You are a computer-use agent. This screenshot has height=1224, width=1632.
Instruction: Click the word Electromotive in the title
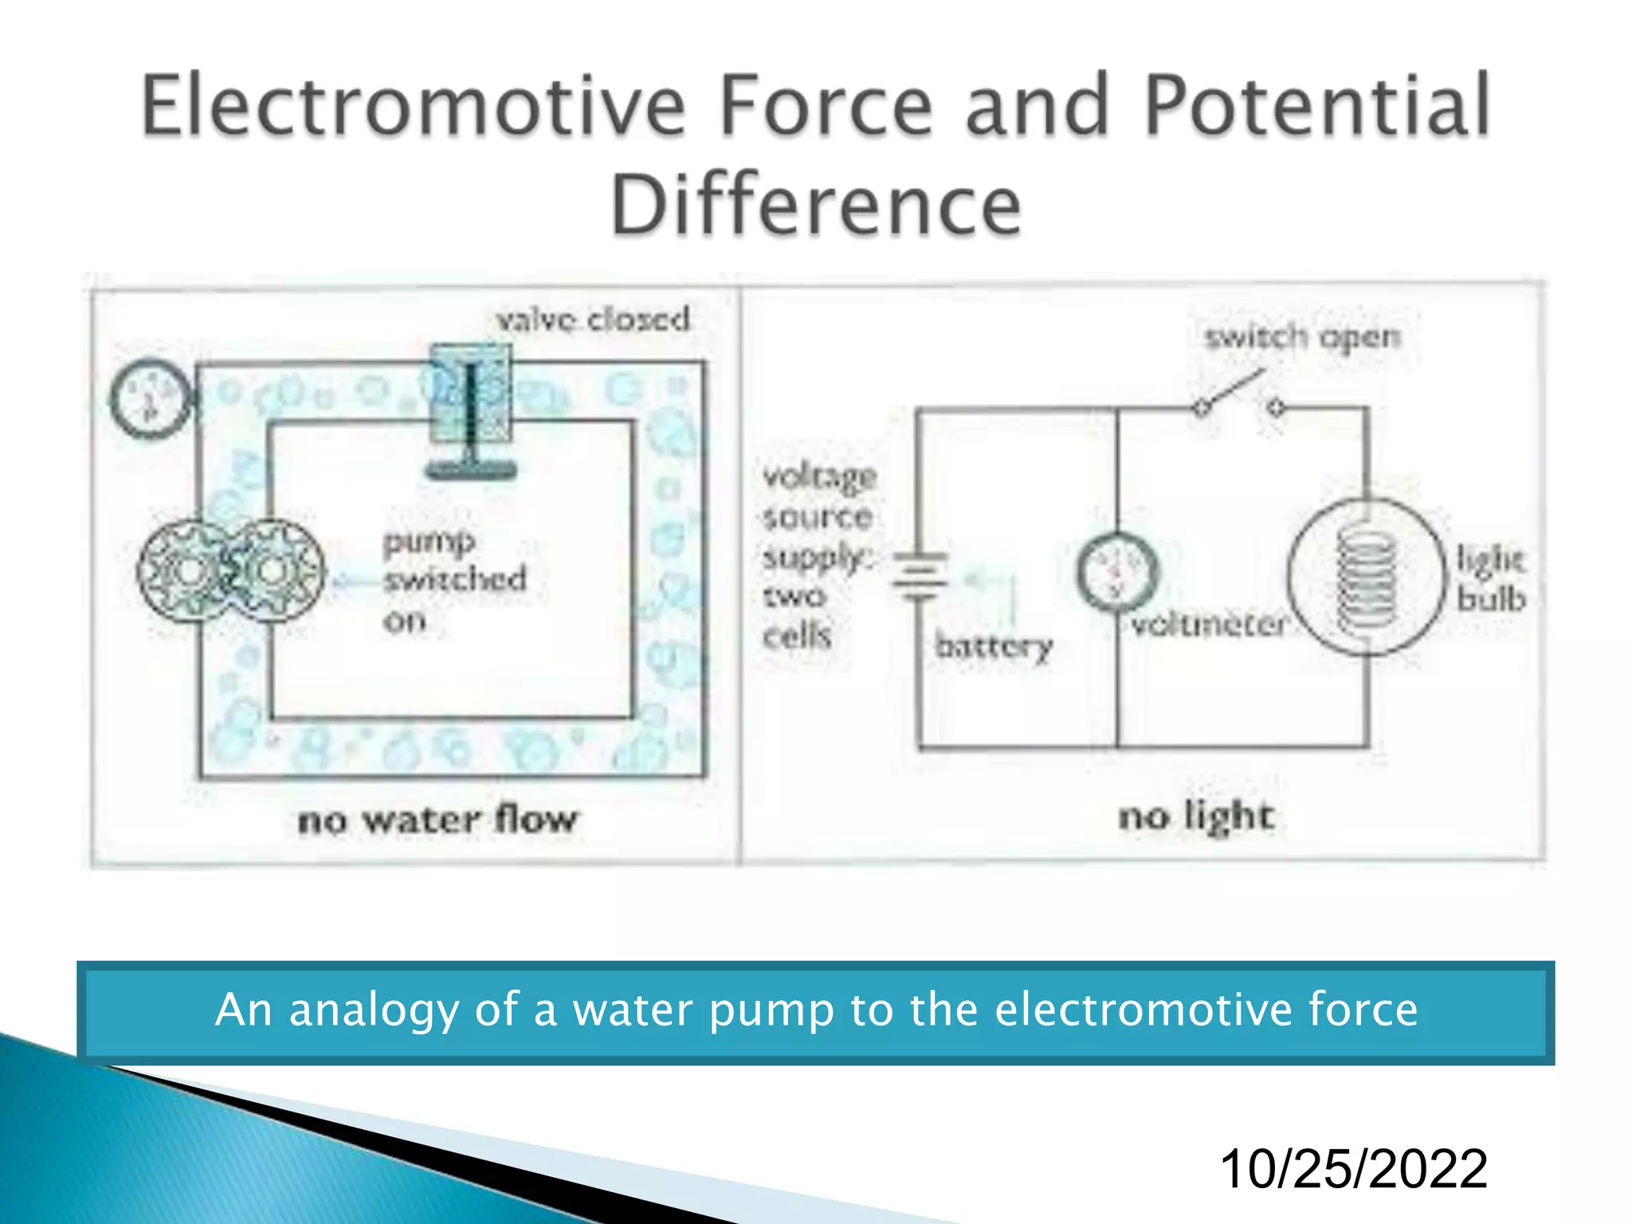tap(413, 105)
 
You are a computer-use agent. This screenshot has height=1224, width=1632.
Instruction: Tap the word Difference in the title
tap(815, 206)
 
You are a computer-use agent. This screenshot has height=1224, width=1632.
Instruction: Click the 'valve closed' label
tap(593, 320)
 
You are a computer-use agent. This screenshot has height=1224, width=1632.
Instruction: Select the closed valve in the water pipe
tap(470, 406)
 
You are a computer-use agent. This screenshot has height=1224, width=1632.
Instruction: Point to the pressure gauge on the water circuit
tap(149, 398)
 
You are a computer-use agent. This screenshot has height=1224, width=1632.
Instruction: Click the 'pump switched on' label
tap(454, 579)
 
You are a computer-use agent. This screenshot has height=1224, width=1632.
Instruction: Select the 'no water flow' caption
tap(437, 820)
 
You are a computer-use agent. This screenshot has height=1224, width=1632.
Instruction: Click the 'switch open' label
tap(1302, 337)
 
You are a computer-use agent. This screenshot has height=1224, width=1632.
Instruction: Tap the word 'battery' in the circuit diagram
tap(994, 645)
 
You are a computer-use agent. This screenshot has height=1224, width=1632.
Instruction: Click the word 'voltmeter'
tap(1208, 624)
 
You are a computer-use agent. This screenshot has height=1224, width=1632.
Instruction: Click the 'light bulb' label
tap(1489, 579)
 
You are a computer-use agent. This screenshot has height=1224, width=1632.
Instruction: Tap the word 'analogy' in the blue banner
tap(374, 1010)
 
